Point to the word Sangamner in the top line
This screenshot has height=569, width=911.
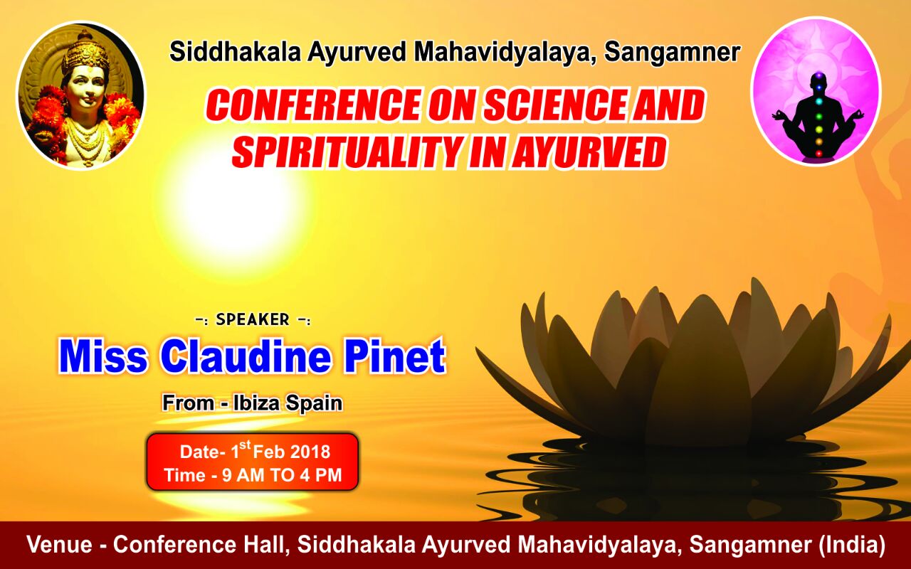click(x=672, y=53)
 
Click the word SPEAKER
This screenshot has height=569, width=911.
click(x=253, y=320)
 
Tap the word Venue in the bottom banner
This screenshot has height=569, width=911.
click(x=59, y=545)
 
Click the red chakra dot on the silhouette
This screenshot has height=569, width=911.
click(x=819, y=154)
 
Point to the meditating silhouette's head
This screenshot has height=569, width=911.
click(x=818, y=81)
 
